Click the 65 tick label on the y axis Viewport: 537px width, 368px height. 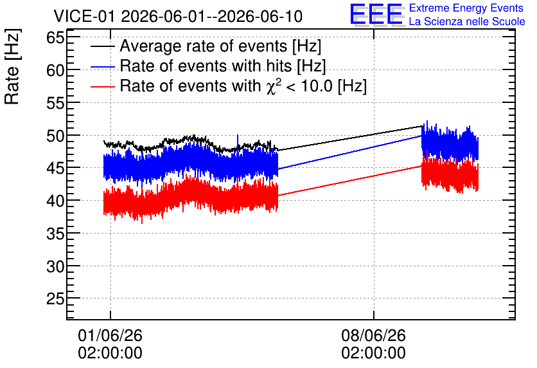[x=55, y=37]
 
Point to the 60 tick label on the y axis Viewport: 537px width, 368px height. [x=55, y=70]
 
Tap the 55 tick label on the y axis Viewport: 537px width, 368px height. [x=55, y=103]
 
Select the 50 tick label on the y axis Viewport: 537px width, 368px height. [x=55, y=136]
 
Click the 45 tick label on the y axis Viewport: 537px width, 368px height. [x=55, y=169]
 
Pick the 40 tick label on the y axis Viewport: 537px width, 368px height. [x=55, y=201]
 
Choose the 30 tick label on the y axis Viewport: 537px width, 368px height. [x=55, y=266]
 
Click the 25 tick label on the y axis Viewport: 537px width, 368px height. [x=55, y=299]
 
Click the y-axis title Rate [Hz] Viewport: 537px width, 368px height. [x=13, y=66]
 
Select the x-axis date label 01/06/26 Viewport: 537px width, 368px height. [x=110, y=335]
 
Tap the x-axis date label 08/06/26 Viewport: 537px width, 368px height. [x=374, y=335]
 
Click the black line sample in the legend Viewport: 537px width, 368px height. [x=102, y=46]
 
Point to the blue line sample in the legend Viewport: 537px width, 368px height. [x=102, y=67]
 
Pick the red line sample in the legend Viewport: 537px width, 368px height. [x=102, y=87]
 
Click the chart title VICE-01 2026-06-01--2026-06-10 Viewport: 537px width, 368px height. [x=178, y=16]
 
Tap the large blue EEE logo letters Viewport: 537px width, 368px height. [x=376, y=14]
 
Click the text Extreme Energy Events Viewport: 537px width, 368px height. [x=466, y=8]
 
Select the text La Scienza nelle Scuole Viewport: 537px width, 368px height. [x=467, y=21]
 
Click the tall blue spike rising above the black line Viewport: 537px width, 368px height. [x=238, y=142]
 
